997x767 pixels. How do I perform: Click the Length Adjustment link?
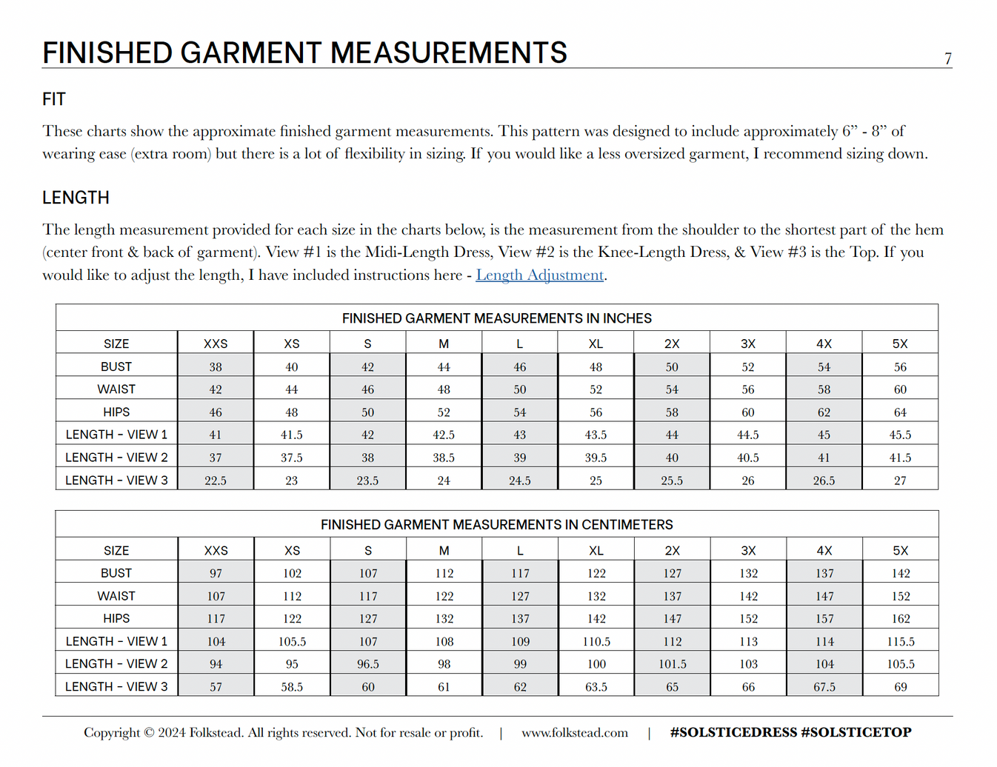(539, 275)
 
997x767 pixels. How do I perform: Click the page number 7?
(947, 58)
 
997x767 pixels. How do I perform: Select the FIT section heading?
(54, 99)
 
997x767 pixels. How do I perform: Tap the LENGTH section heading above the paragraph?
(76, 198)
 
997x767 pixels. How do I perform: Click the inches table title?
(496, 318)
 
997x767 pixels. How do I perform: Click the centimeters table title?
(496, 525)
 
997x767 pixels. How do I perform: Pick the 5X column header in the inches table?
(899, 344)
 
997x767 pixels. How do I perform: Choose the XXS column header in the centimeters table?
(216, 551)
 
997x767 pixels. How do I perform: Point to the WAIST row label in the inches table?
(116, 389)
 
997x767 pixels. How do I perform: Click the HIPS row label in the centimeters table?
(116, 618)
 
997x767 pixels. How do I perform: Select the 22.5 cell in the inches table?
(216, 480)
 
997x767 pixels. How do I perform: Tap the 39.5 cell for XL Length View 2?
(596, 458)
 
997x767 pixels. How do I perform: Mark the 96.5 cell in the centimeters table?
(368, 664)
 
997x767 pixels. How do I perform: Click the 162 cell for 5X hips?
(900, 619)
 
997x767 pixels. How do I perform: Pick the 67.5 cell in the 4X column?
(824, 687)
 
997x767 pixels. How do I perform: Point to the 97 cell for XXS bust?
(216, 574)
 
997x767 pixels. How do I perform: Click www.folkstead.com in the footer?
(574, 733)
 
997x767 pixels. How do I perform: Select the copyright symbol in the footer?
(149, 733)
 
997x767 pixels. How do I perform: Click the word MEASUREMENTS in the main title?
(448, 53)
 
